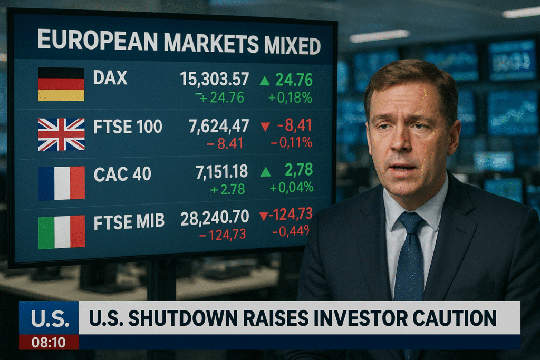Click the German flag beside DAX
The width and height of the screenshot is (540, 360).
[x=61, y=84]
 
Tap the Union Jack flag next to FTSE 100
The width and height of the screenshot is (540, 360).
[x=61, y=134]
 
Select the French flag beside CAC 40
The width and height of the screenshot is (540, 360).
[x=61, y=183]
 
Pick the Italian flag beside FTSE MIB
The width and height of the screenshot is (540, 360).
[x=61, y=232]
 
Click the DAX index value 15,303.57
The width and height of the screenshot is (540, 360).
[x=214, y=79]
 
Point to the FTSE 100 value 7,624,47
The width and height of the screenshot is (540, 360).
[x=218, y=127]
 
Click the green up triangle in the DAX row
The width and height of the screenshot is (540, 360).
[x=265, y=81]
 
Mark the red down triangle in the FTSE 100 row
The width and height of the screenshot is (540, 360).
[x=265, y=127]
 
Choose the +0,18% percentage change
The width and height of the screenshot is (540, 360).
[x=290, y=98]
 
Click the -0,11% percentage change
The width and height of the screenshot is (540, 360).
[x=291, y=142]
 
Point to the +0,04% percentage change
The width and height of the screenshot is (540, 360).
[x=291, y=187]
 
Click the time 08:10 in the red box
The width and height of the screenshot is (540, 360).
[x=49, y=342]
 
